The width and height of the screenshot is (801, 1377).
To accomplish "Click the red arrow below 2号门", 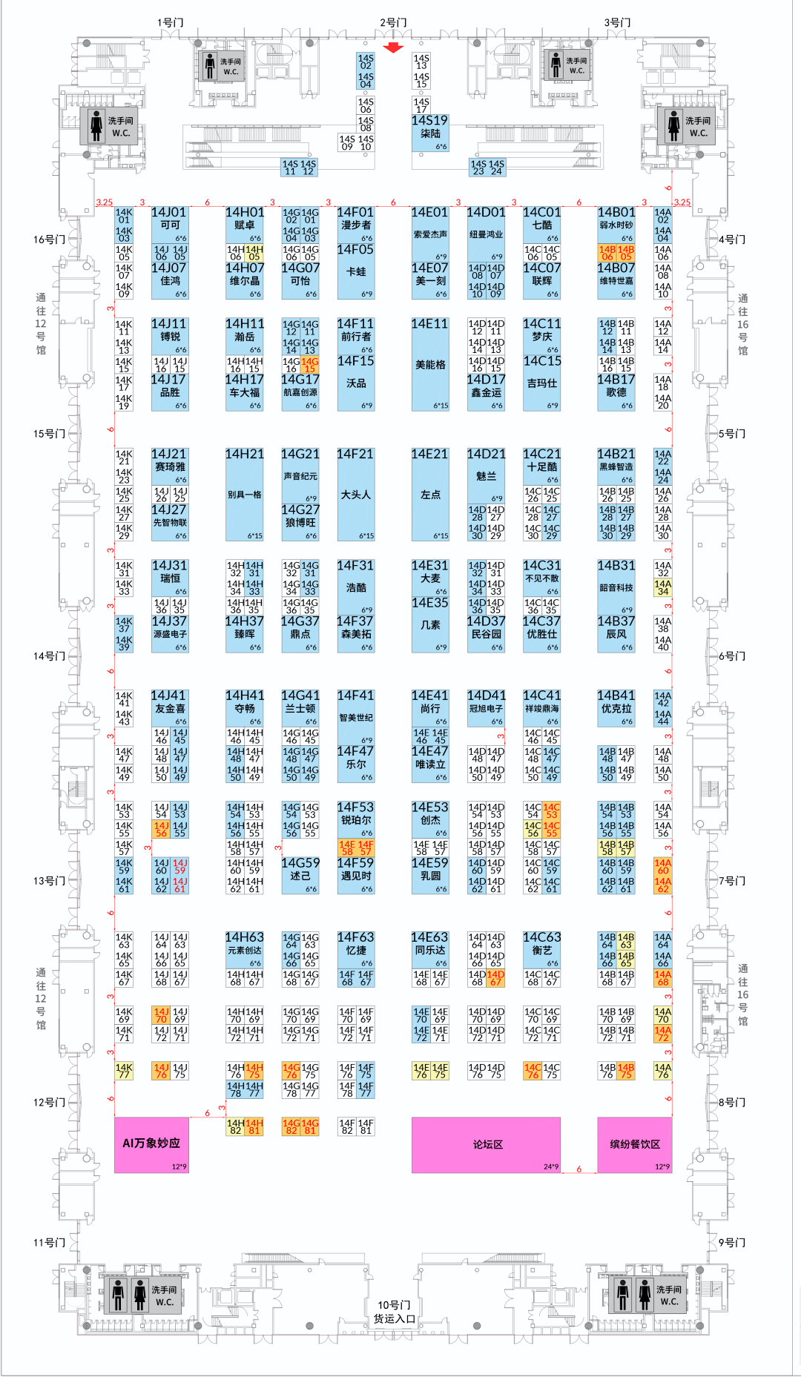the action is (x=393, y=47).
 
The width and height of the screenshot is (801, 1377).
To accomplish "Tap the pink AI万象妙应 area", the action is (x=151, y=1144).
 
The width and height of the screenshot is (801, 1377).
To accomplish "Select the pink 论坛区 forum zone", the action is (x=486, y=1144).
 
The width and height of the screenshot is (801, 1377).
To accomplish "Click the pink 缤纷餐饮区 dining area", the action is (x=635, y=1144).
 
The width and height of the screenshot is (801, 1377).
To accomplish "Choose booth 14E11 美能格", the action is (x=430, y=365).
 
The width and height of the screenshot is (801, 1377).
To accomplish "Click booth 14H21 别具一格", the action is (x=245, y=495).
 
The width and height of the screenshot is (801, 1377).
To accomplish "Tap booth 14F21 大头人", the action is (x=356, y=495).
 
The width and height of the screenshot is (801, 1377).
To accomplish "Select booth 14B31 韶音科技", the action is (x=616, y=587).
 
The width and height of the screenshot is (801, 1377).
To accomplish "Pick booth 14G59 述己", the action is (x=300, y=875).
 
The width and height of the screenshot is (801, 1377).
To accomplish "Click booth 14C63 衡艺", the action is (x=542, y=949).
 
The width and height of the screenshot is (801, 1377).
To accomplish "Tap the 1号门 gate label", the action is (x=170, y=22).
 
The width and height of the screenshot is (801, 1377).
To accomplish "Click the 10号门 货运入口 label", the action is (x=394, y=1312).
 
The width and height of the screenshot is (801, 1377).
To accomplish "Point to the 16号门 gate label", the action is (x=49, y=240).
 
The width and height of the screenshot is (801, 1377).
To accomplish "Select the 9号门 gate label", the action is (x=732, y=1243).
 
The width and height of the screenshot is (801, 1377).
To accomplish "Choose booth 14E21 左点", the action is (x=430, y=495).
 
